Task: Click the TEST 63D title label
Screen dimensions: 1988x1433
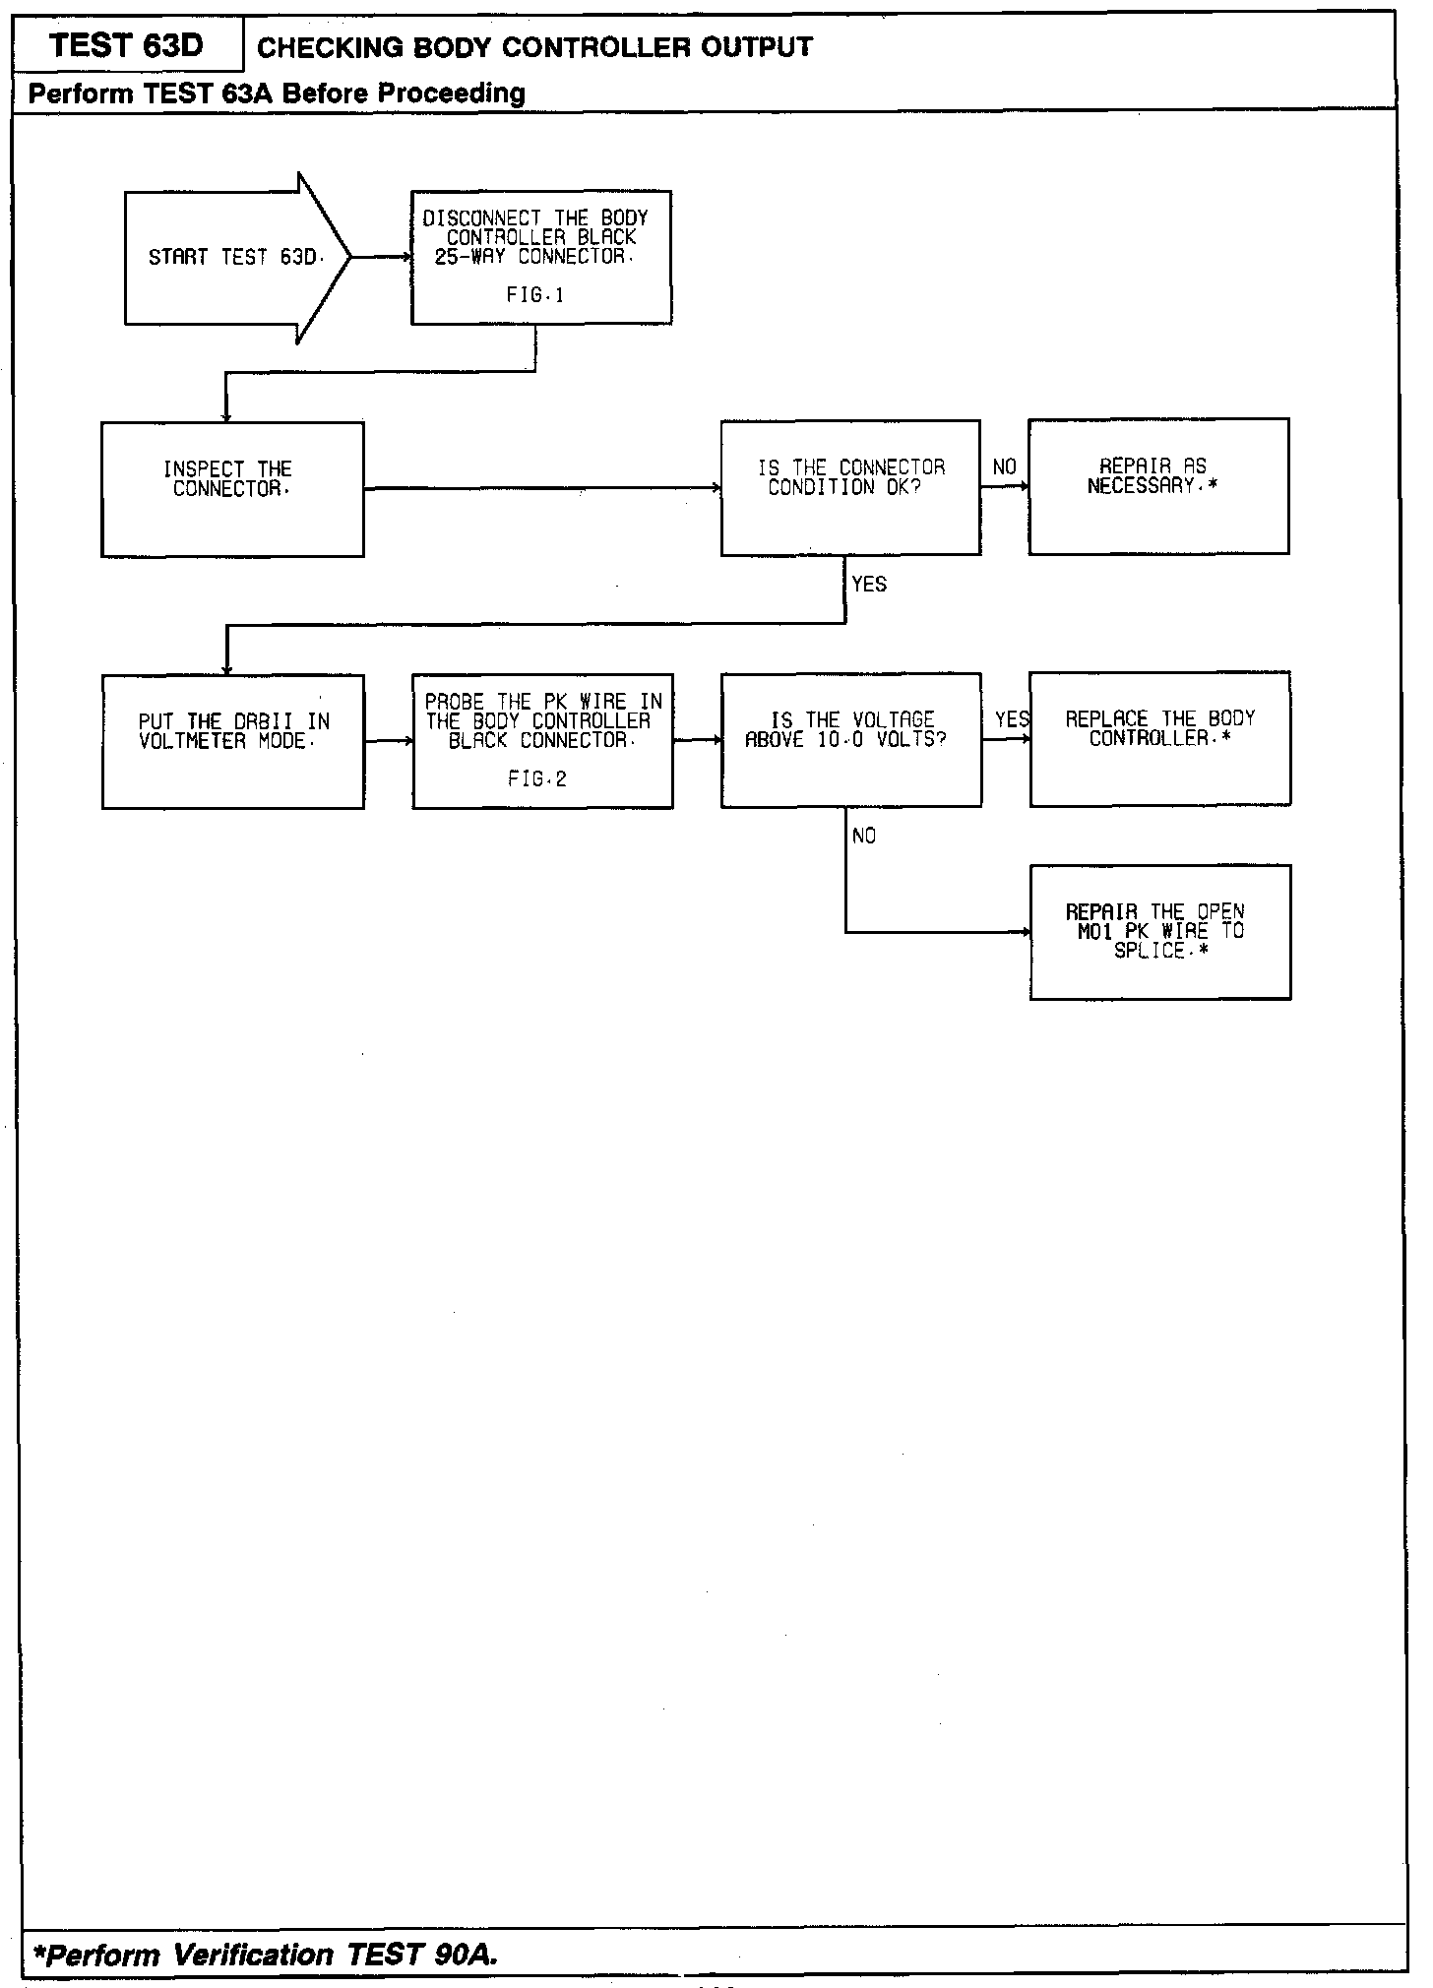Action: point(126,45)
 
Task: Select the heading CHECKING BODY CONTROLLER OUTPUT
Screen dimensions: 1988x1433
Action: point(534,47)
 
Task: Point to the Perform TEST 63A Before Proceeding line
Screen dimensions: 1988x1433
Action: point(277,93)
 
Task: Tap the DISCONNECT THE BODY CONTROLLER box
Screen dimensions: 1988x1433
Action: point(540,257)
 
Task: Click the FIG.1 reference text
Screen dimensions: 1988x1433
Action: point(535,295)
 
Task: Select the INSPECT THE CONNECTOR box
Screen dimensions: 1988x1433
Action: point(232,489)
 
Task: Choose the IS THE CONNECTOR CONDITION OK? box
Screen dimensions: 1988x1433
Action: point(850,487)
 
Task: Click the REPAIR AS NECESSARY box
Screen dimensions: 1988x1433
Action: point(1158,486)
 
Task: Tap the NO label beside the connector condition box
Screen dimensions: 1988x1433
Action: point(1004,467)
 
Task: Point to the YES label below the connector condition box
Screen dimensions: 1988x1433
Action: point(869,585)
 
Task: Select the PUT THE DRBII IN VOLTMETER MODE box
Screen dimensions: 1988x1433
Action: point(232,741)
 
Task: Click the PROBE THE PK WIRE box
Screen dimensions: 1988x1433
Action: point(542,740)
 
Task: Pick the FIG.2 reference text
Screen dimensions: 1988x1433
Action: point(537,779)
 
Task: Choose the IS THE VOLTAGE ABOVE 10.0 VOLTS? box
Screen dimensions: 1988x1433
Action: point(850,739)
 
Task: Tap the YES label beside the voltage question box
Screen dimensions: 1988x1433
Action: point(1012,720)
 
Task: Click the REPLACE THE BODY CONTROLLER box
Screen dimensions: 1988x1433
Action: point(1159,738)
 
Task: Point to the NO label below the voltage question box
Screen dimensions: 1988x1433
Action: point(864,837)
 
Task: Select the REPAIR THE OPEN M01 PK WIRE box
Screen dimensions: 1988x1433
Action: point(1159,931)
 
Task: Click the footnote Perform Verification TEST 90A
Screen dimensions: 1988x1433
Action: point(266,1954)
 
